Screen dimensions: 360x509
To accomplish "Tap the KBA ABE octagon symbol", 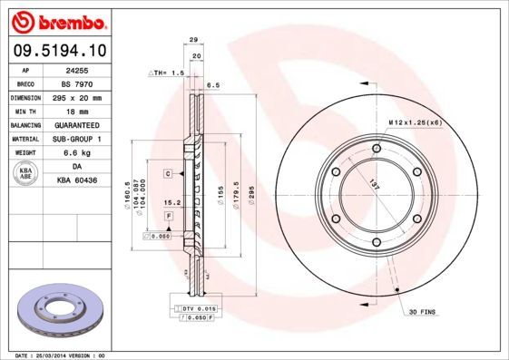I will pyautogui.click(x=26, y=173).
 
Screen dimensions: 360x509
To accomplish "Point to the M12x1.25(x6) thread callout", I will pyautogui.click(x=415, y=122).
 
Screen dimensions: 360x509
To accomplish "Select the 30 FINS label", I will pyautogui.click(x=423, y=311).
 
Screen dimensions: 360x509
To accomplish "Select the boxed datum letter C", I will pyautogui.click(x=168, y=172).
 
